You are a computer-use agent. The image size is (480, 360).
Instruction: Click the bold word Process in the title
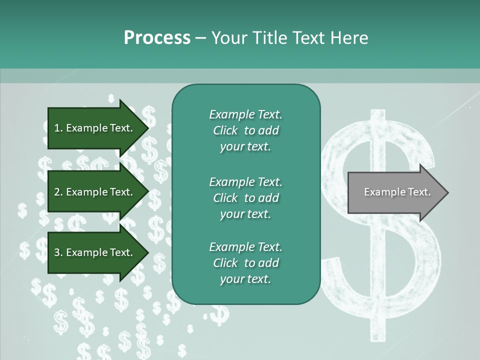point(157,38)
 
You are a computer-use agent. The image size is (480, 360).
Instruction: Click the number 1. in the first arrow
point(58,128)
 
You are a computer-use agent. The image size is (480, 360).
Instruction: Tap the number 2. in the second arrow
point(58,192)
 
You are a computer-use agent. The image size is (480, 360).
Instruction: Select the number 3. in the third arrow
point(58,253)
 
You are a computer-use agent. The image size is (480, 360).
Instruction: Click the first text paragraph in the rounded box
point(245,130)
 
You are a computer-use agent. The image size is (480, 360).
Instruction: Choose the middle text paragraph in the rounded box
point(245,197)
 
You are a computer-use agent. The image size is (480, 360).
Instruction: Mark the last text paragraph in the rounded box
point(245,263)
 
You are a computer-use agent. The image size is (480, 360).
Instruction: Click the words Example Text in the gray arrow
point(397,192)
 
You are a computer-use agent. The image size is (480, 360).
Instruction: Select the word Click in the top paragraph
point(225,131)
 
